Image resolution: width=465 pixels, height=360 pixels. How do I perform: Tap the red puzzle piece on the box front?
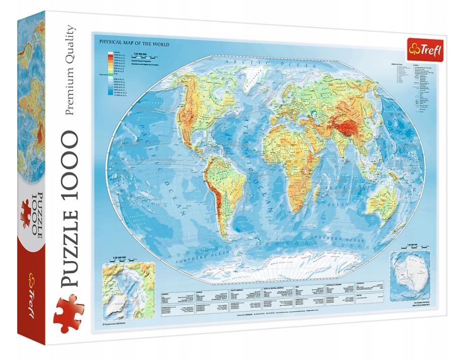(69, 313)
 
